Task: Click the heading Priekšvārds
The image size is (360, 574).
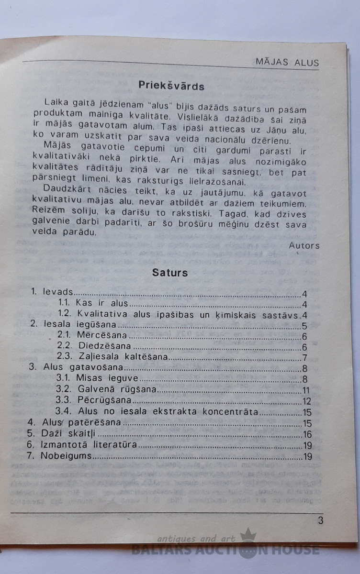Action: pos(171,86)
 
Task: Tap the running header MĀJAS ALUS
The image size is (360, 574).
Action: pos(287,63)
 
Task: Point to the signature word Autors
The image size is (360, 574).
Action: pos(304,245)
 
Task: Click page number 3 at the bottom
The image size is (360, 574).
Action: pos(320,520)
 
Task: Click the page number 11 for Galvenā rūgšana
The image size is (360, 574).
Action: pos(306,390)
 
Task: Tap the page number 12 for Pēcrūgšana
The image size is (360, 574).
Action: pos(307,401)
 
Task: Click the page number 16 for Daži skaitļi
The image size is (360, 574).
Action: pos(307,434)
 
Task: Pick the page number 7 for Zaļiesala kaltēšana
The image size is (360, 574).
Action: pos(304,358)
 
